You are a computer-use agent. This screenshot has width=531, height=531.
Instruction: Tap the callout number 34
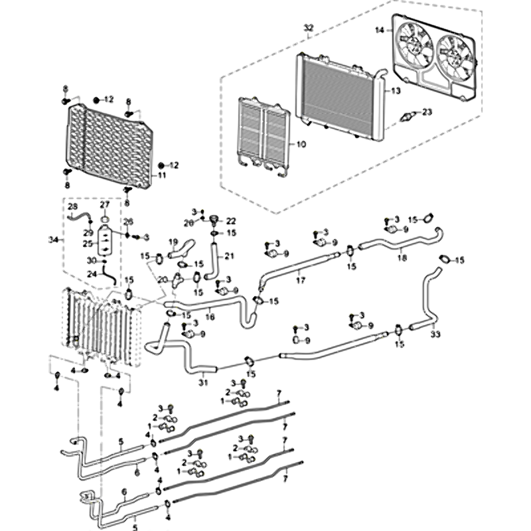54,239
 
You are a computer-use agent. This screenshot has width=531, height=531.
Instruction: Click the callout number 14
379,31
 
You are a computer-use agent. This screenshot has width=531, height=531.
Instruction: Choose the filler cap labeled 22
214,221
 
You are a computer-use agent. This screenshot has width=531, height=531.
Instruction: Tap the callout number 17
300,281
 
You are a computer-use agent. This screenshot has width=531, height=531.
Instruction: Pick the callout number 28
72,207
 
